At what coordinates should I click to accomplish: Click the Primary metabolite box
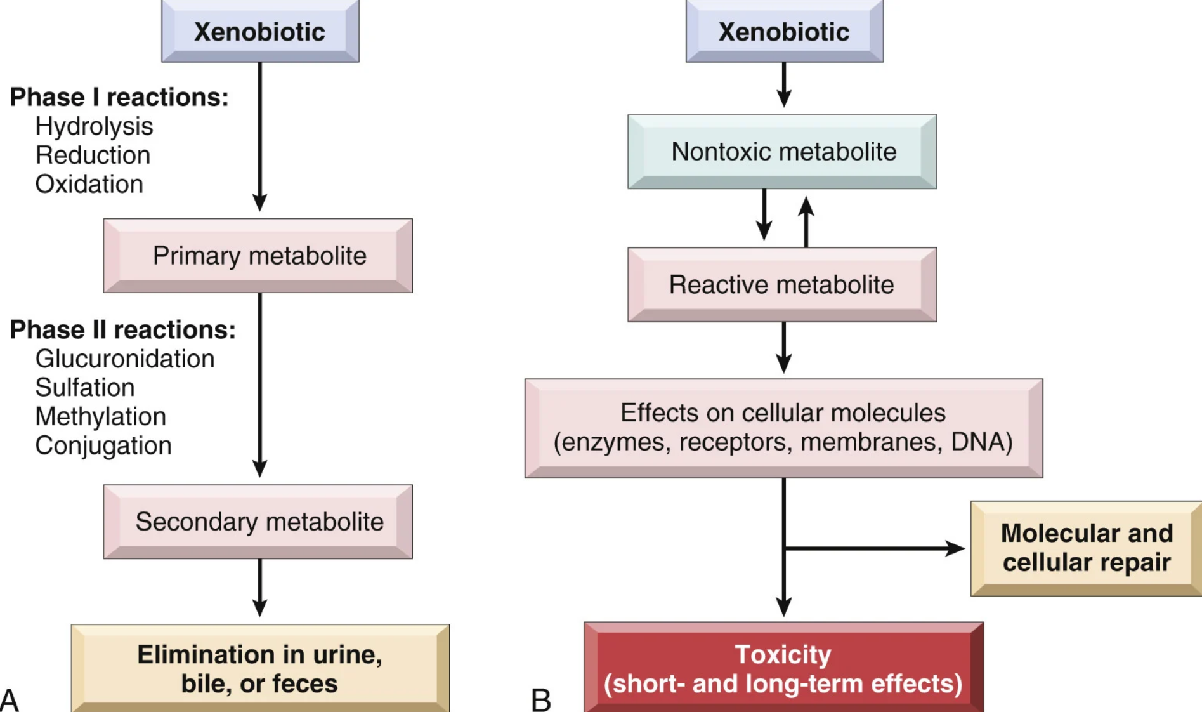(x=258, y=256)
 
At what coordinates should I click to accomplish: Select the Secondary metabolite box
(x=258, y=522)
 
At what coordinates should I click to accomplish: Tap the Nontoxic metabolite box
(x=782, y=152)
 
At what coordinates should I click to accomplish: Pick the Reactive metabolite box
(x=782, y=285)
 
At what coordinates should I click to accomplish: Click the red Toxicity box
(x=784, y=668)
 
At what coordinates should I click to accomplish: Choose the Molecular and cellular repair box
(x=1087, y=549)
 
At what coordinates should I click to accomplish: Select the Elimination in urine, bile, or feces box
(x=260, y=668)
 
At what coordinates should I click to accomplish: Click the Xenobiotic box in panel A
(x=260, y=31)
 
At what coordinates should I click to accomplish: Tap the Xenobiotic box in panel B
(x=785, y=31)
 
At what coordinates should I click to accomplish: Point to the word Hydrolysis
(x=94, y=126)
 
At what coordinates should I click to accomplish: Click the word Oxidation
(x=89, y=184)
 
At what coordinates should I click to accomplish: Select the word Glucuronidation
(x=125, y=359)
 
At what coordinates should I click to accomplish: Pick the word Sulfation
(x=85, y=387)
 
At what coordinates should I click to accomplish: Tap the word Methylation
(x=101, y=416)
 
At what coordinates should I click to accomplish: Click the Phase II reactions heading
(x=123, y=330)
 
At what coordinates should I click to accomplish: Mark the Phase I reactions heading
(x=119, y=97)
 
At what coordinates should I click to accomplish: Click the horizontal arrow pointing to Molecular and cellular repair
(x=874, y=548)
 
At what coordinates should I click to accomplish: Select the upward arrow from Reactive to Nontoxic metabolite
(x=806, y=222)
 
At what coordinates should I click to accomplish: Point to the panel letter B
(x=541, y=701)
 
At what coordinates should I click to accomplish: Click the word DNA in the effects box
(x=982, y=442)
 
